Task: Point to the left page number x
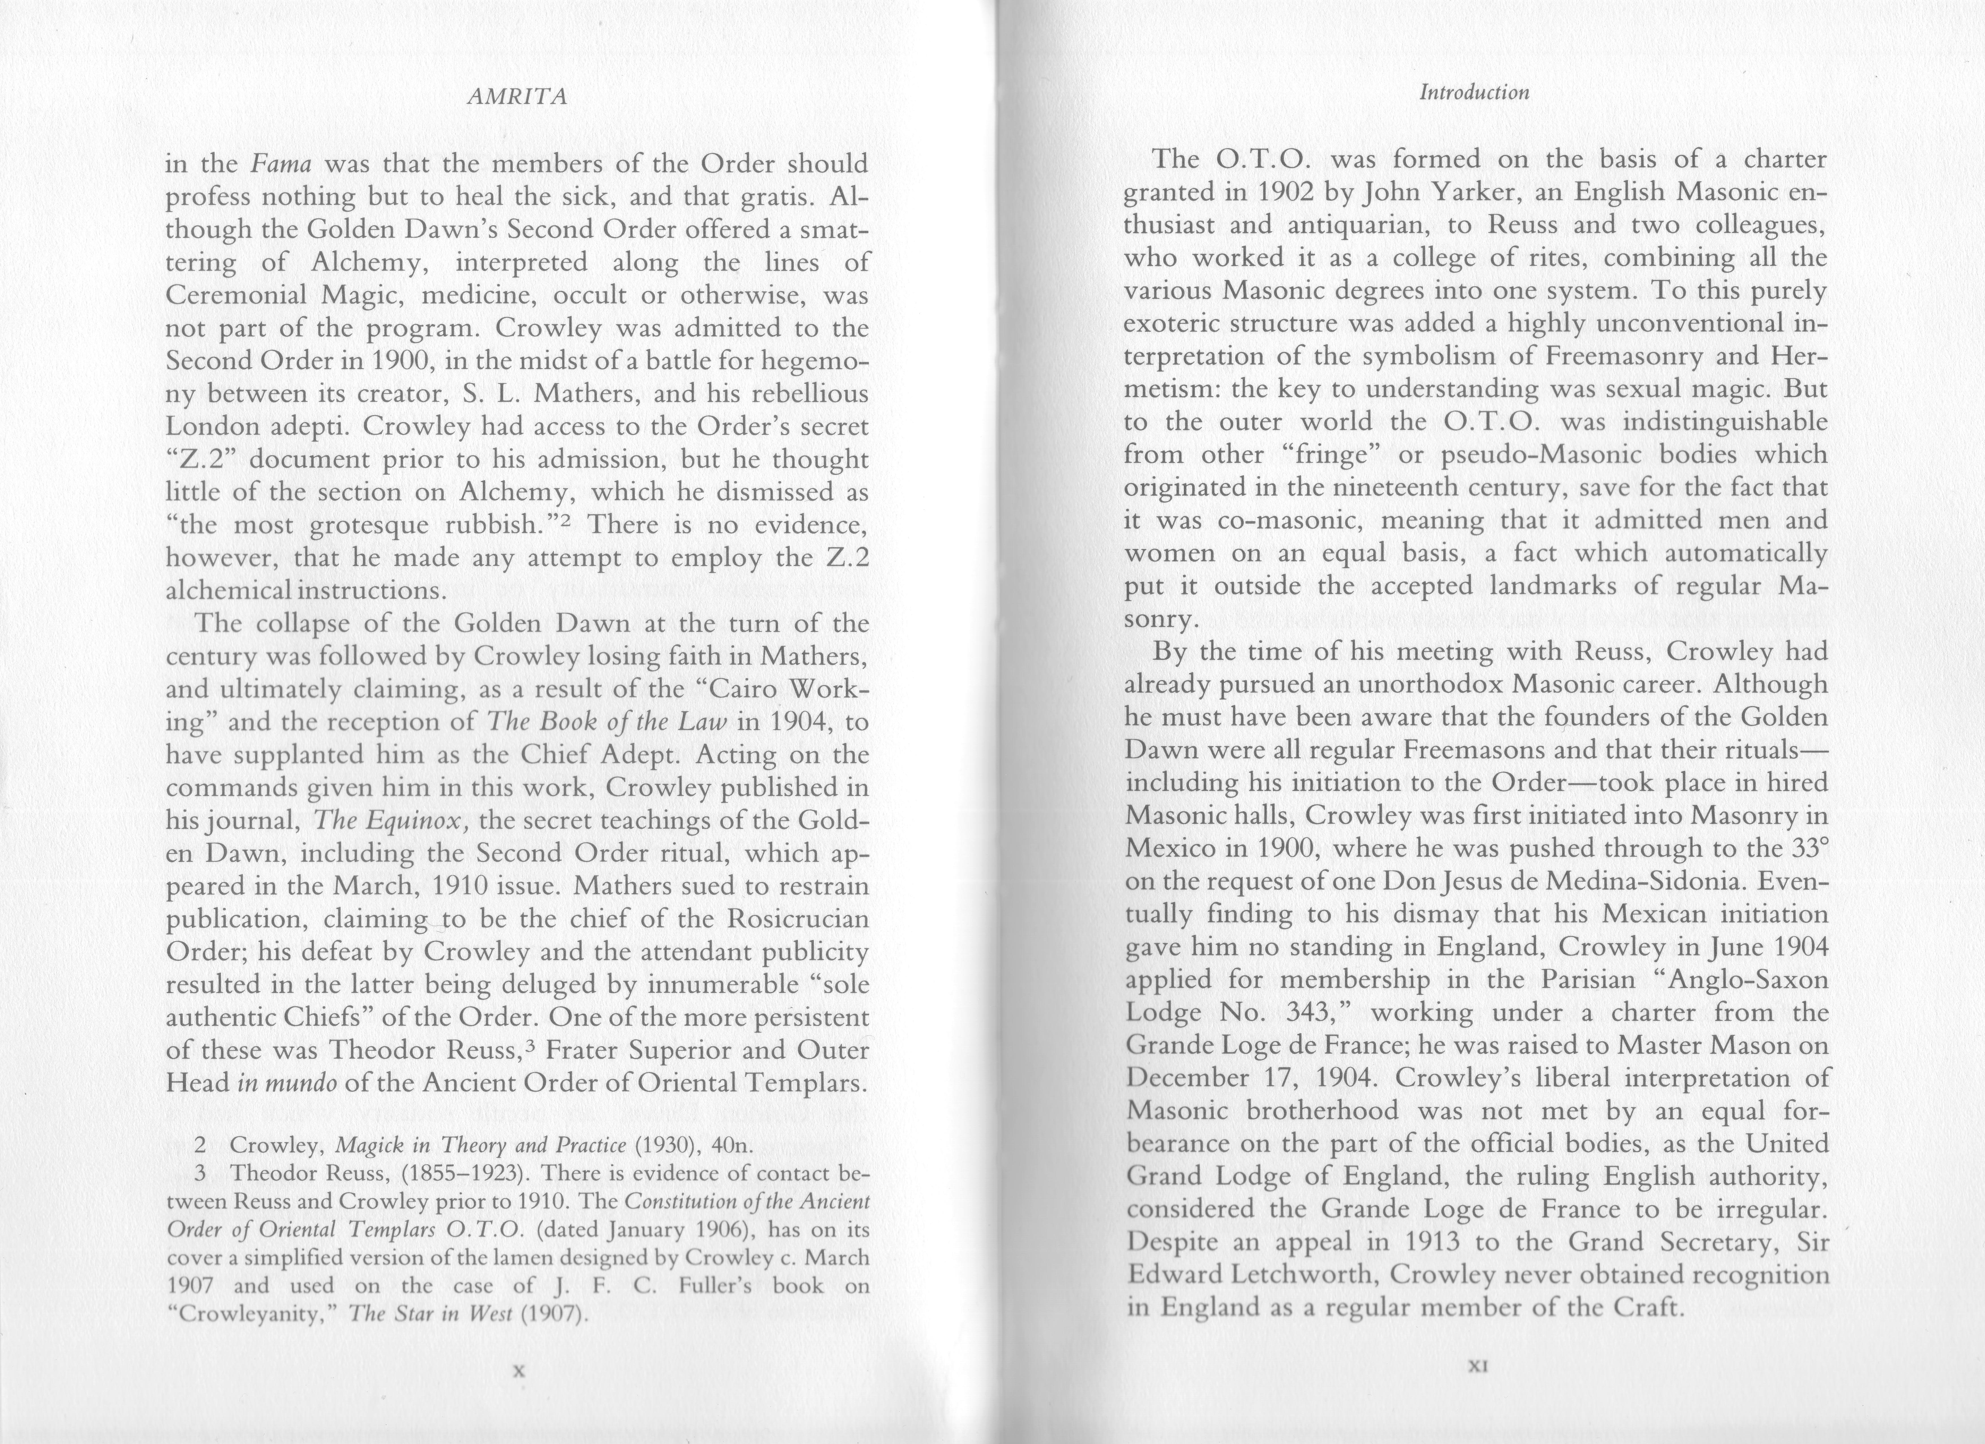518,1371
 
